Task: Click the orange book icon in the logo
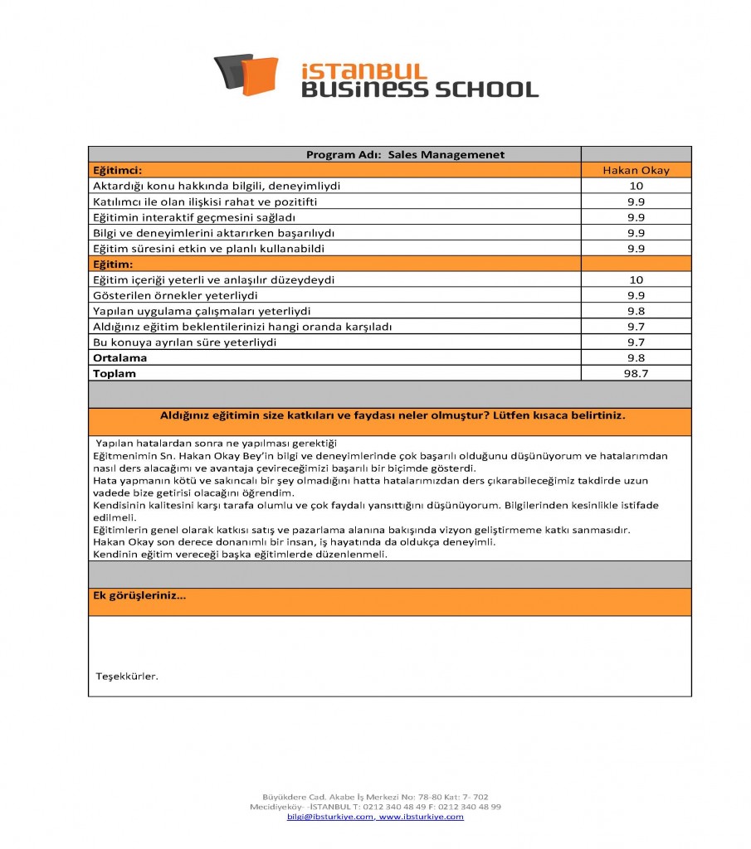click(259, 75)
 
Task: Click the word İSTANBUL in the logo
click(363, 70)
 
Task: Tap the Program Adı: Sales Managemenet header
click(405, 155)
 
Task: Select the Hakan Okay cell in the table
click(636, 170)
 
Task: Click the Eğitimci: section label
click(118, 170)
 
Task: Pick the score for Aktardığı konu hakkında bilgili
click(636, 186)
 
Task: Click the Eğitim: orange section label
click(113, 264)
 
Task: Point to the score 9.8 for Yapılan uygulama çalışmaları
click(636, 311)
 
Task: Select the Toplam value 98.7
click(636, 374)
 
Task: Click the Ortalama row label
click(119, 358)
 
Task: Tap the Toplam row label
click(115, 374)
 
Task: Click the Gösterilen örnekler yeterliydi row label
click(175, 295)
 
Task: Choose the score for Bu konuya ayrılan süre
click(636, 342)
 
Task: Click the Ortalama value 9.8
click(636, 358)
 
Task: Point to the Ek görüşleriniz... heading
click(139, 595)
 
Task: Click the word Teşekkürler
click(127, 677)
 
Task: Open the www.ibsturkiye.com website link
click(421, 817)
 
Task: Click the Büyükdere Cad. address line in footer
click(375, 797)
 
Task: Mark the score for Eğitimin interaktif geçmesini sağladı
click(636, 217)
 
